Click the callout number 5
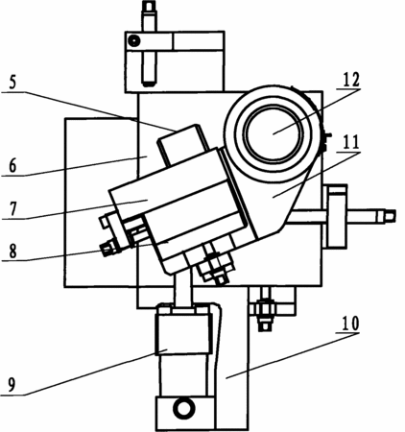click(x=12, y=83)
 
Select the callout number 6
click(x=12, y=165)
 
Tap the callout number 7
click(x=12, y=208)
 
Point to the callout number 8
click(x=12, y=252)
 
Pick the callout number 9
click(x=12, y=386)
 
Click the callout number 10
click(x=350, y=324)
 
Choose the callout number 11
click(x=351, y=142)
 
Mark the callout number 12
click(x=351, y=80)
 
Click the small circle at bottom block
click(x=183, y=408)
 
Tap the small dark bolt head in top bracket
click(x=133, y=40)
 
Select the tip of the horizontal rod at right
click(x=395, y=216)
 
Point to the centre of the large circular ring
click(x=273, y=133)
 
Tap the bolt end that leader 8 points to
click(x=107, y=249)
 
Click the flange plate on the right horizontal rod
click(x=336, y=216)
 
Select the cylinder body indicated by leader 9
click(x=183, y=354)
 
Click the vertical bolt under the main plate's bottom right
click(x=264, y=309)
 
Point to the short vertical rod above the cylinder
click(x=182, y=290)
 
